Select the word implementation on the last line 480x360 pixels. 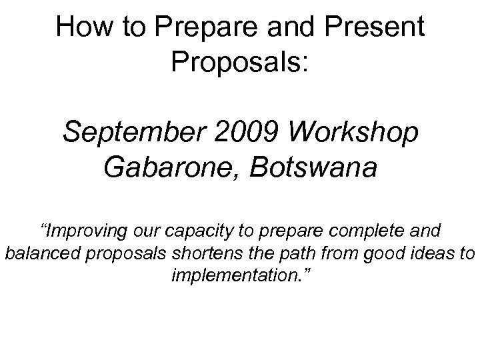[235, 275]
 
